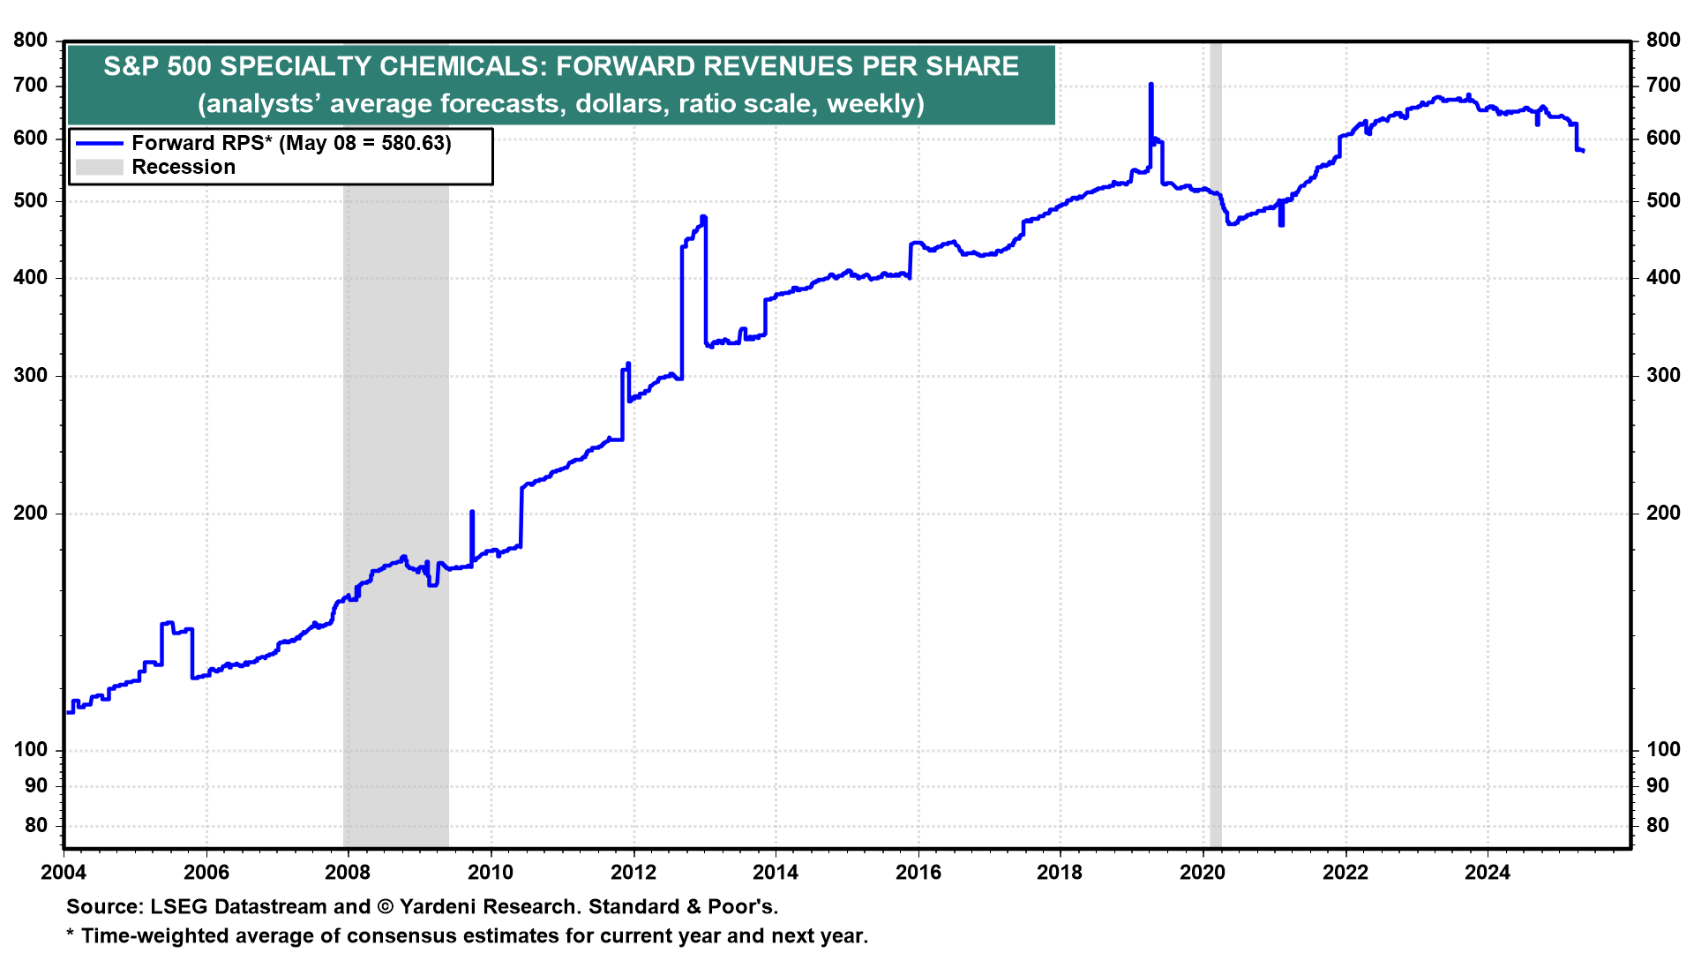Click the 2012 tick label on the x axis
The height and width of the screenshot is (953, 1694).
633,873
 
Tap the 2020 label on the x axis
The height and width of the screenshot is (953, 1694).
1203,873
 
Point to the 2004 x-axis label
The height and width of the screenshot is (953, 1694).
64,873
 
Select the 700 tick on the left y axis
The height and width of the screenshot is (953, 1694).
31,86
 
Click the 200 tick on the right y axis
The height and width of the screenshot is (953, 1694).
1663,513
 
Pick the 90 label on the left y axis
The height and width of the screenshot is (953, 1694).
36,785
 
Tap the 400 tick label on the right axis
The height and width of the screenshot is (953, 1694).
1663,277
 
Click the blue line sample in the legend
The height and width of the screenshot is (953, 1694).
99,143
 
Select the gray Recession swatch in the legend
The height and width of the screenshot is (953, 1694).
99,167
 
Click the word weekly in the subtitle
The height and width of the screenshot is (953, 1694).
872,103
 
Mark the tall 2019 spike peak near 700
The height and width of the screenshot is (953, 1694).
1151,86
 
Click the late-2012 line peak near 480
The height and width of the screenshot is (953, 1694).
703,217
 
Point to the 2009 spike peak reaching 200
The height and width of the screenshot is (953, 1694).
472,513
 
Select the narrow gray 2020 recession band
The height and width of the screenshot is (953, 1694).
1215,441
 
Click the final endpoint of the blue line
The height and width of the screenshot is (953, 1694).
1584,151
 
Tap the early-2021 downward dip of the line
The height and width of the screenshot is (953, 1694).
1281,224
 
